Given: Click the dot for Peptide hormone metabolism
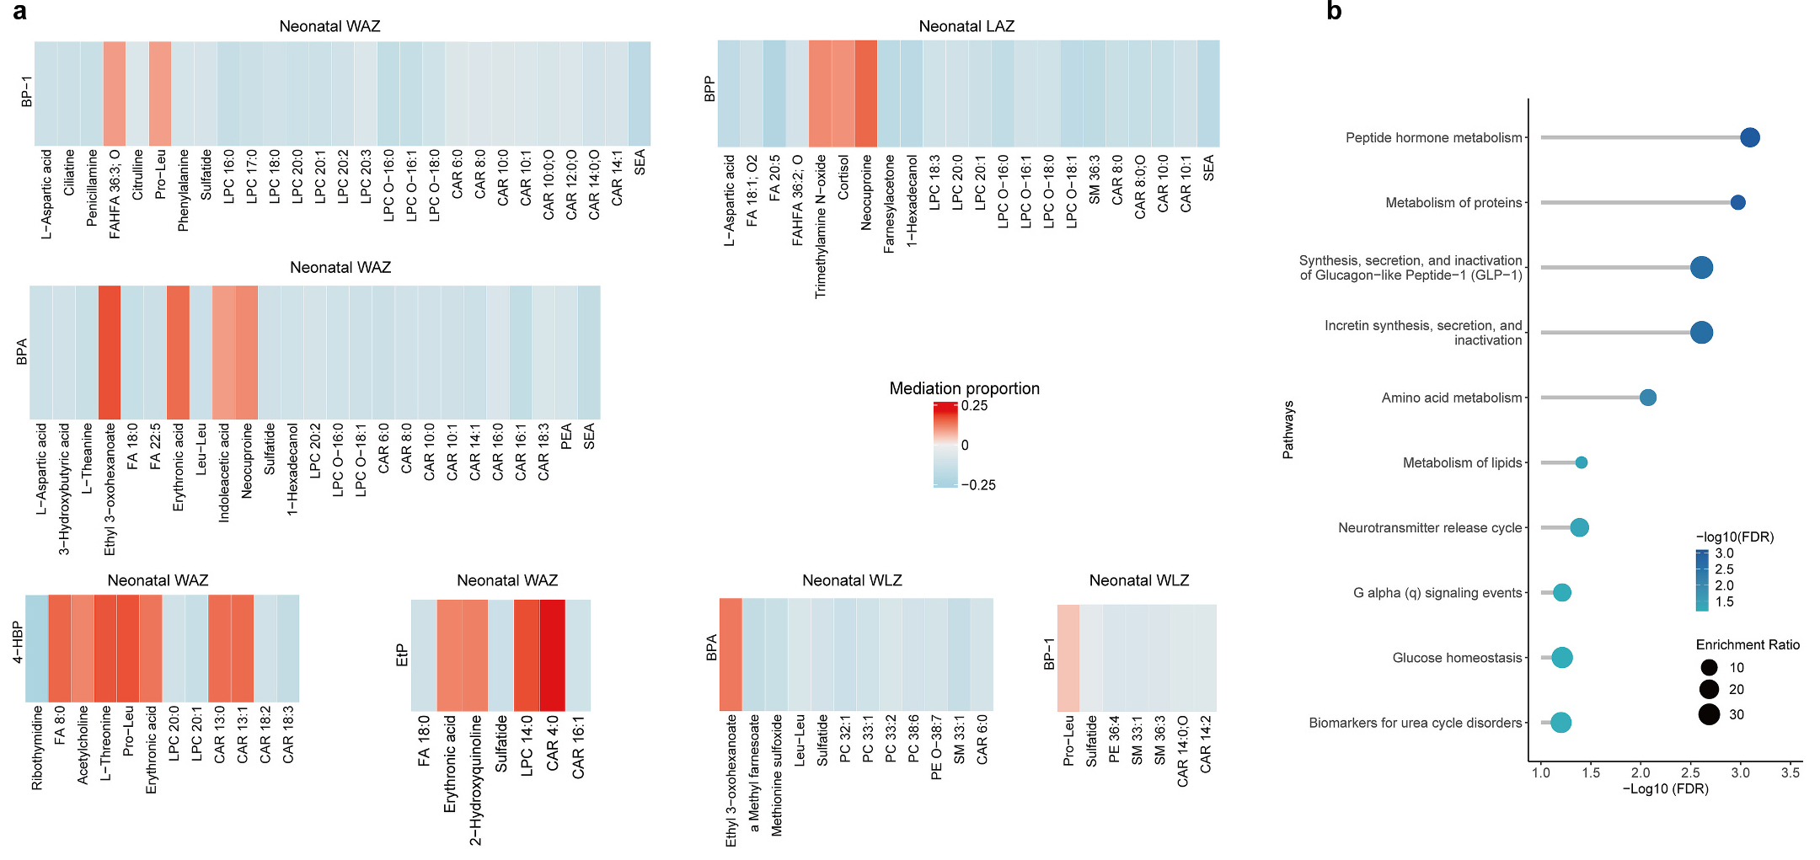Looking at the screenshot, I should pyautogui.click(x=1750, y=137).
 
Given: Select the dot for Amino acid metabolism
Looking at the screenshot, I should pyautogui.click(x=1648, y=398).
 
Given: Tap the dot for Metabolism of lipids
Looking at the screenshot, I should pyautogui.click(x=1582, y=462).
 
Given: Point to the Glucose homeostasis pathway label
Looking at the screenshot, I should pyautogui.click(x=1457, y=658).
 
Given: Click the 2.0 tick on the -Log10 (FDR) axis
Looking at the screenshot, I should pyautogui.click(x=1641, y=772).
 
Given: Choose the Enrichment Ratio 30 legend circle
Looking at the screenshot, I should pyautogui.click(x=1709, y=715).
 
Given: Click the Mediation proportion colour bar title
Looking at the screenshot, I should pyautogui.click(x=964, y=388).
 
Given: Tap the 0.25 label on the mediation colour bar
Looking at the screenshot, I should pyautogui.click(x=975, y=406).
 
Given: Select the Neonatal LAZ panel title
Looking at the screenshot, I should pyautogui.click(x=966, y=26).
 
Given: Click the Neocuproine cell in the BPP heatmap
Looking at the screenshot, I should pyautogui.click(x=866, y=93).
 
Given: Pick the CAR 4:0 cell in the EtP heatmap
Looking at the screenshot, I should pyautogui.click(x=553, y=655).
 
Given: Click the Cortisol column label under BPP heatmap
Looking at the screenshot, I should pyautogui.click(x=843, y=177).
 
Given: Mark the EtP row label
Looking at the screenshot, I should pyautogui.click(x=402, y=655).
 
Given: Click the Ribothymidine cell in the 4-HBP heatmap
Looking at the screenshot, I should pyautogui.click(x=37, y=649).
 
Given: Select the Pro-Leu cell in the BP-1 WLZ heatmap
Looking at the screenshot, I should pyautogui.click(x=1068, y=658).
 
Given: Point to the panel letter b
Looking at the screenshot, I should pyautogui.click(x=1334, y=11).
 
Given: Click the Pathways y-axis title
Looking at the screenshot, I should pyautogui.click(x=1288, y=430).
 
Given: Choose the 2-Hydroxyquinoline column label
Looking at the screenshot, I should pyautogui.click(x=476, y=780).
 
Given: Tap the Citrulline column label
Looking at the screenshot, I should pyautogui.click(x=138, y=174).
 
